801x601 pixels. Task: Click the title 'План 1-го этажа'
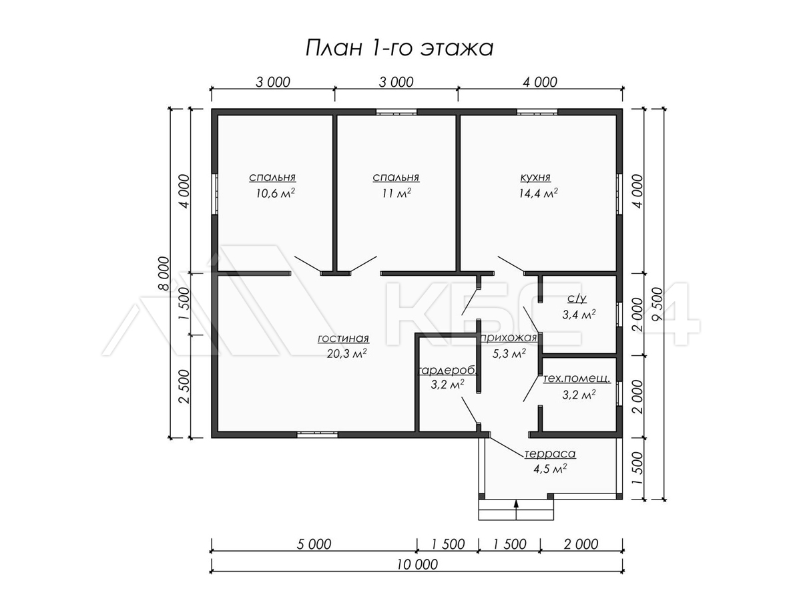click(399, 48)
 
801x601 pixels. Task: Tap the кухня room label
click(535, 178)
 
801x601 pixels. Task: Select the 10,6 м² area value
click(275, 194)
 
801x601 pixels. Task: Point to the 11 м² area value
click(396, 194)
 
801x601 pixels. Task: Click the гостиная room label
click(343, 339)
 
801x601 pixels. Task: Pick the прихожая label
click(509, 338)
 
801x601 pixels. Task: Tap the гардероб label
click(447, 371)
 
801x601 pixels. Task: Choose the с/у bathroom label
click(577, 298)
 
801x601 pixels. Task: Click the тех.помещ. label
click(577, 379)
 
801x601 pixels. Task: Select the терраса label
click(550, 454)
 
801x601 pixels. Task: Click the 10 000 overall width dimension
click(417, 565)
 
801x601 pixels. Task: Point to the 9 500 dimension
click(657, 304)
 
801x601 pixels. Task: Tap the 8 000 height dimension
click(165, 274)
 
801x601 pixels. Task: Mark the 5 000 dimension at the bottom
click(314, 544)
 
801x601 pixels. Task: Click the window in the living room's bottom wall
click(317, 435)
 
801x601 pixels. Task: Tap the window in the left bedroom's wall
click(215, 194)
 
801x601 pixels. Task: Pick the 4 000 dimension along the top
click(540, 82)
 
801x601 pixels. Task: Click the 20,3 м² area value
click(346, 354)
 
